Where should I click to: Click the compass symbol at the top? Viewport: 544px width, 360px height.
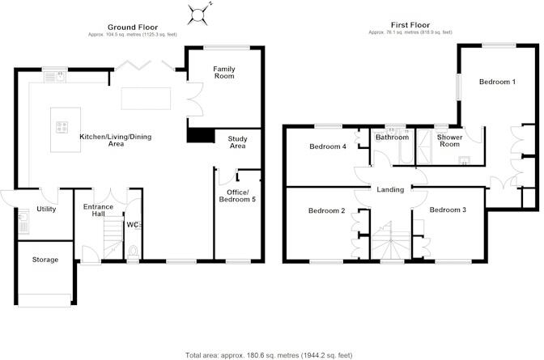coord(198,12)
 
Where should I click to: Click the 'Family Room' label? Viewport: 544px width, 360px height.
coord(223,73)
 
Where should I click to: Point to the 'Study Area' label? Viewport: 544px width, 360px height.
coord(236,143)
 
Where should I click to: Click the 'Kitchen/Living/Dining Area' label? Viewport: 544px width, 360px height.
coord(113,140)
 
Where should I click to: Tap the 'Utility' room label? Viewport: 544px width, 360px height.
coord(46,209)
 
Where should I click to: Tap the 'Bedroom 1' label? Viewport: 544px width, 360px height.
coord(496,82)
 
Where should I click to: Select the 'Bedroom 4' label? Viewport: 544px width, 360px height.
coord(327,146)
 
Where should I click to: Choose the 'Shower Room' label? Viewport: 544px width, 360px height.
coord(450,141)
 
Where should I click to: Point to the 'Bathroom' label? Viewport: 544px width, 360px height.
coord(392,138)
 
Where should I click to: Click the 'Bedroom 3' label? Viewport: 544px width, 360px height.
coord(448,210)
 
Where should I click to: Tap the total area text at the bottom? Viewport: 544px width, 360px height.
coord(272,354)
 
